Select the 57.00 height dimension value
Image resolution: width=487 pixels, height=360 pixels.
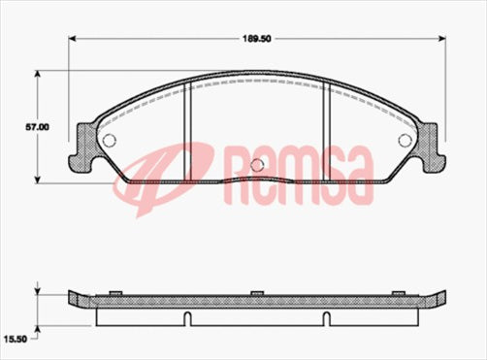click(x=17, y=126)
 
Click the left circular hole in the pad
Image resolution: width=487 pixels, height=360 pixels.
click(x=109, y=140)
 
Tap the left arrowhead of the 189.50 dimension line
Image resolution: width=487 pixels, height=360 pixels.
click(x=73, y=41)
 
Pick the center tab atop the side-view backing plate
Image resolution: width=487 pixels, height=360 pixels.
click(x=255, y=293)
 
